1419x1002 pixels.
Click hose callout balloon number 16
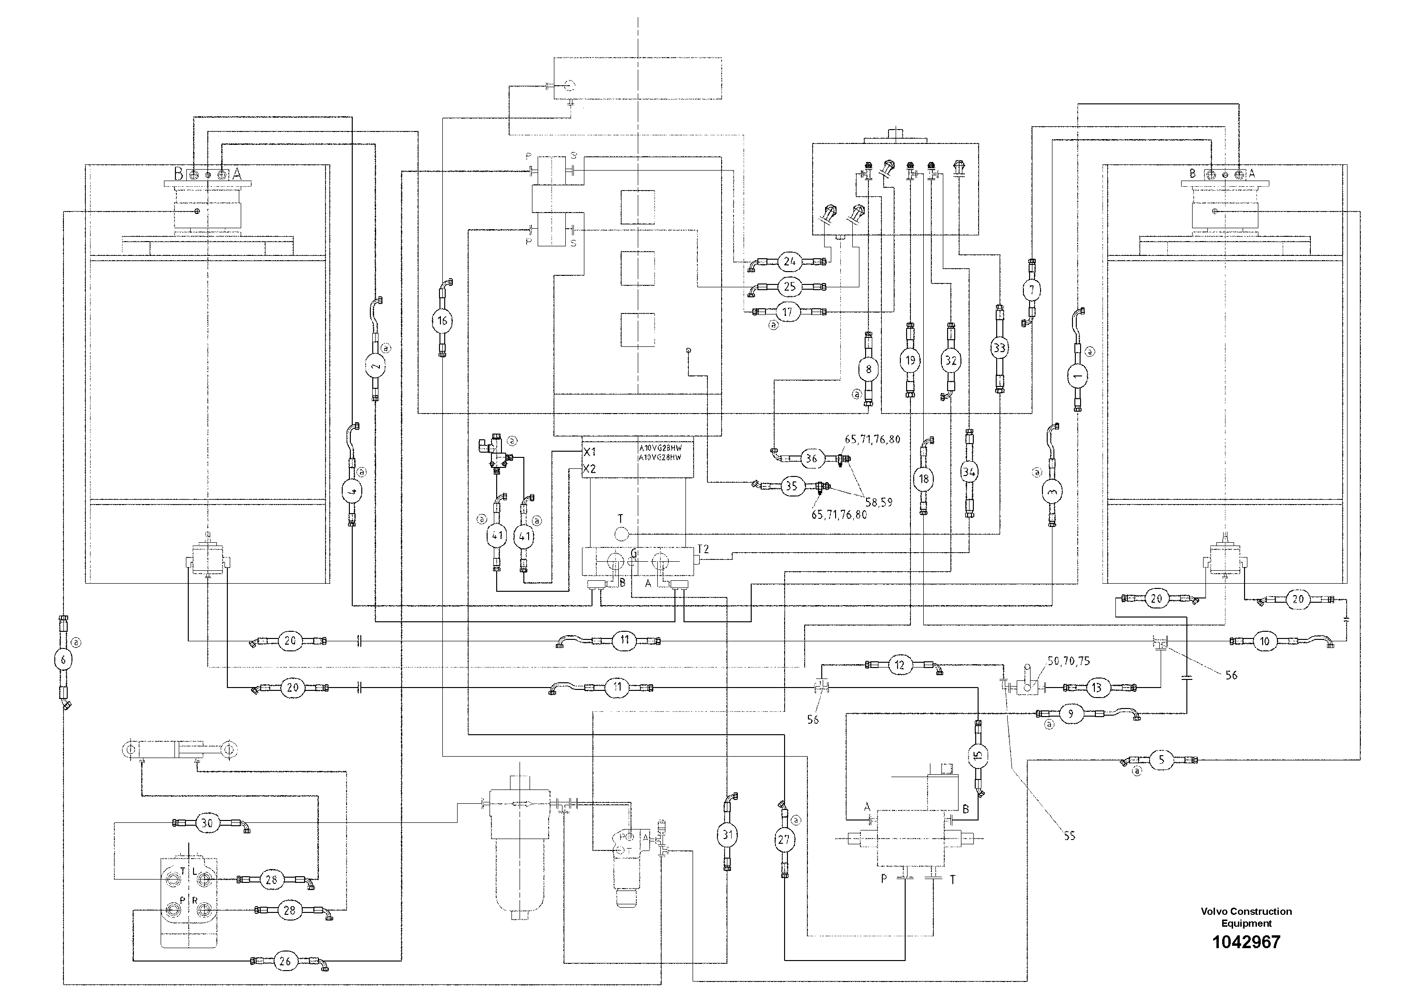pos(442,320)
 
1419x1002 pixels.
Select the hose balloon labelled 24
pos(789,261)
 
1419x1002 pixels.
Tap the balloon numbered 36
pos(811,458)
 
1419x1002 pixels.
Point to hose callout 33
pos(1000,348)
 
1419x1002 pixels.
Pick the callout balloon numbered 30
pos(207,823)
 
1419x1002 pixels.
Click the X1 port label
pos(590,452)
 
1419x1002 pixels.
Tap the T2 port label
pos(704,548)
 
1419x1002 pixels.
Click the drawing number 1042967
pos(1246,942)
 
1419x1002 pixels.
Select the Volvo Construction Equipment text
pos(1246,917)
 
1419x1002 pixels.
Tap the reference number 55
pos(1069,836)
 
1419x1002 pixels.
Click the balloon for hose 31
pos(727,835)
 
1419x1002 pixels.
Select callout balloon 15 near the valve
pos(978,755)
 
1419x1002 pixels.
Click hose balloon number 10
pos(1265,641)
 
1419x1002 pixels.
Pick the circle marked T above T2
pos(621,533)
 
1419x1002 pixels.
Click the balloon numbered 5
pos(1161,760)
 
